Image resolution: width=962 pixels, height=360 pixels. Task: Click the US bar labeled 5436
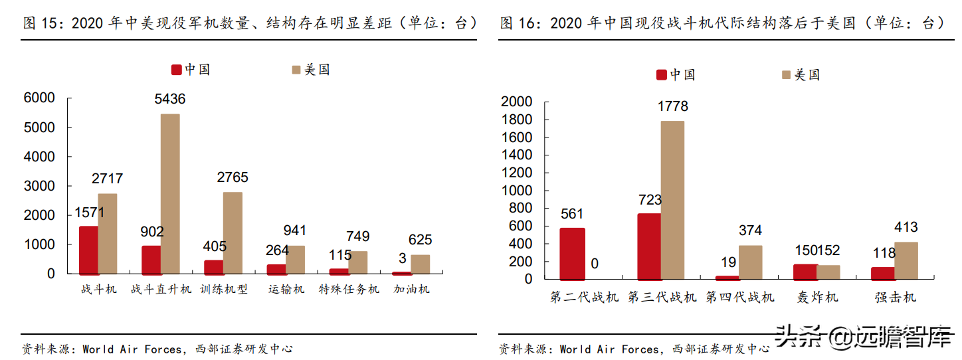(x=170, y=193)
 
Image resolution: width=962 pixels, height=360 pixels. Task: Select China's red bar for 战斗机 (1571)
(x=88, y=250)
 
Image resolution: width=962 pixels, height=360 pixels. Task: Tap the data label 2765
(x=233, y=177)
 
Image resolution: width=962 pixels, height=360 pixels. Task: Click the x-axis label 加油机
(x=411, y=290)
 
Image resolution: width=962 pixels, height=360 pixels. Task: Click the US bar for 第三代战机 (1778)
(x=672, y=200)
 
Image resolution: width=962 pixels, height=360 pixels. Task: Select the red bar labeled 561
(x=572, y=254)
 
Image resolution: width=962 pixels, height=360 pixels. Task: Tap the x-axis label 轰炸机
(x=817, y=297)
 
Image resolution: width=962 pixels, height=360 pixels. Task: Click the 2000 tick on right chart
(x=517, y=102)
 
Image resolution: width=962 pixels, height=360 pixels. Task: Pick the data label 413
(x=906, y=227)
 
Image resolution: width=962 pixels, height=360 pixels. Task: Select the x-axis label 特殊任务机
(x=349, y=290)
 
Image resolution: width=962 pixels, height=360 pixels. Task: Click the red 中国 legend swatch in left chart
(x=177, y=70)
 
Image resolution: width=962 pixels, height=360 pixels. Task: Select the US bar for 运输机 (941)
(x=295, y=259)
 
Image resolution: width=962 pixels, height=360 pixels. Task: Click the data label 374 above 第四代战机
(x=750, y=230)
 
